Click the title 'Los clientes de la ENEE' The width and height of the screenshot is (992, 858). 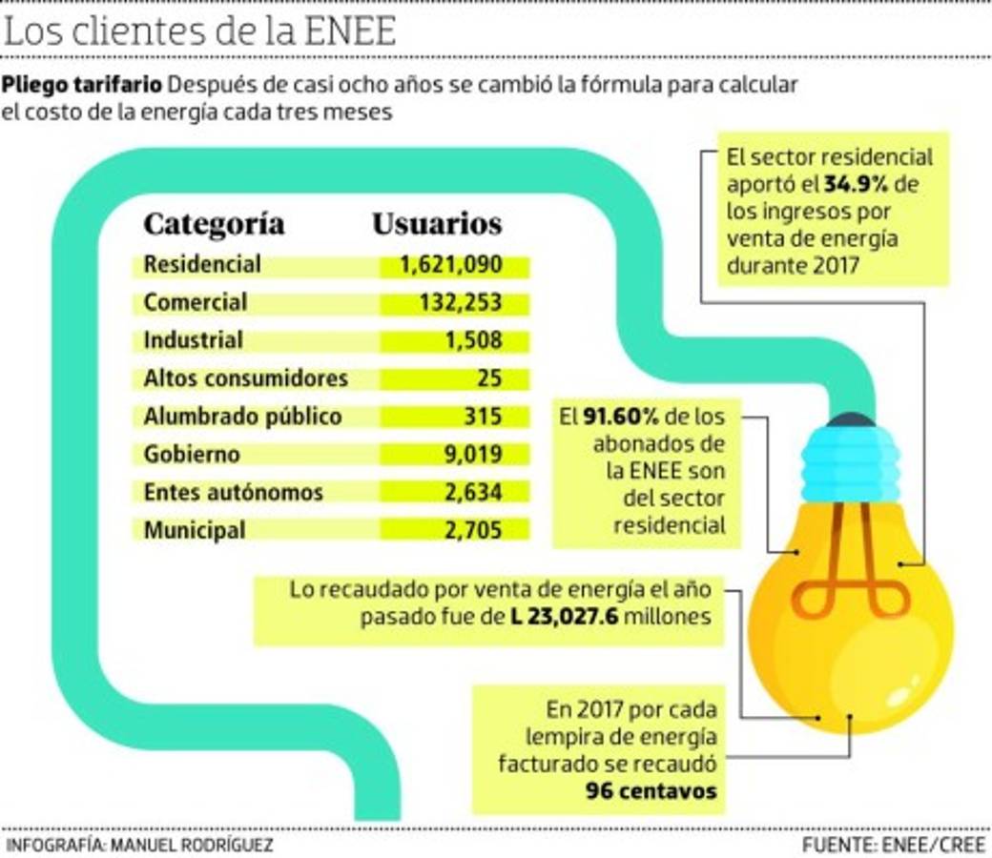click(x=200, y=32)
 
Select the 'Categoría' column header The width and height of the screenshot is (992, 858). click(x=214, y=224)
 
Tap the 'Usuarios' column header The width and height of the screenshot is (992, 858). click(x=437, y=224)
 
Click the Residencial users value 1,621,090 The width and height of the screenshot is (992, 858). click(x=451, y=265)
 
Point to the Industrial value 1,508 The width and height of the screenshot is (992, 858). click(x=472, y=340)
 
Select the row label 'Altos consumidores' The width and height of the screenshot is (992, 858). click(x=245, y=378)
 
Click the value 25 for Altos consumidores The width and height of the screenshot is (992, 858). click(x=489, y=378)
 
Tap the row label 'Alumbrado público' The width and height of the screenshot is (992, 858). click(x=242, y=417)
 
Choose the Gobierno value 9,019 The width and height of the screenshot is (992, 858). click(x=472, y=455)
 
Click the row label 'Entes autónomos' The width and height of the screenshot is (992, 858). click(x=233, y=493)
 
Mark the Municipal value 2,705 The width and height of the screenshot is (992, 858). click(x=472, y=530)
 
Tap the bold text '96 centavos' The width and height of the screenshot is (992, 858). click(x=651, y=791)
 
